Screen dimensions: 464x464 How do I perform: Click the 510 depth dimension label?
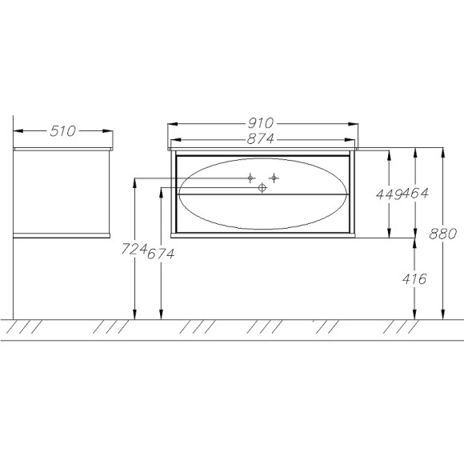62,131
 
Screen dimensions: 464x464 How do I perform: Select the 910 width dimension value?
261,123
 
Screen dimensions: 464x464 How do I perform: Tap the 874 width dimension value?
261,138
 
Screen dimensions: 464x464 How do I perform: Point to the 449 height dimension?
389,194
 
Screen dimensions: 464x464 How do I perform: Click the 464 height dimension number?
415,194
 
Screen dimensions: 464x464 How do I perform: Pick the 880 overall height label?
443,234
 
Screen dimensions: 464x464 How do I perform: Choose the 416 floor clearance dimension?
414,278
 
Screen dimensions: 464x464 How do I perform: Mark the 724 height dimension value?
134,249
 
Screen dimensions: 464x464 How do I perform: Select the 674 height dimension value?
161,254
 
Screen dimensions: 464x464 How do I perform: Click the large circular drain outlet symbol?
262,187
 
